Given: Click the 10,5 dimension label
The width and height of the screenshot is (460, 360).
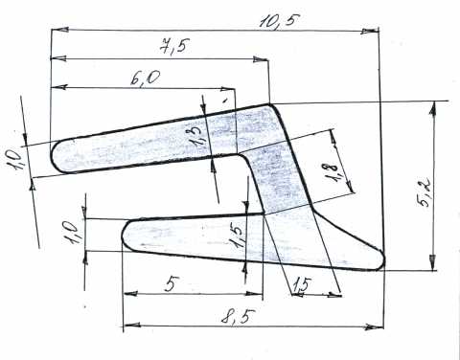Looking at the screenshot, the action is pos(280,22).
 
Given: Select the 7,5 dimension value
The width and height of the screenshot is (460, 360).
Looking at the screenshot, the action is pos(174,48).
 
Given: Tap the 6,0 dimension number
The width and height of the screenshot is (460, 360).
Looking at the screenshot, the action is pos(146,78).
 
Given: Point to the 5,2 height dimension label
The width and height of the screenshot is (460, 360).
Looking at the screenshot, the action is pos(425,191).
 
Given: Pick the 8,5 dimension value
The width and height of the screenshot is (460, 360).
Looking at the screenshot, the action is pos(239,317).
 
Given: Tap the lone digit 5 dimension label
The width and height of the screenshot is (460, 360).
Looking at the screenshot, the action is pos(171,284).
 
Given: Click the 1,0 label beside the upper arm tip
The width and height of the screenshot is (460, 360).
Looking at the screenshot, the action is pos(13,160).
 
